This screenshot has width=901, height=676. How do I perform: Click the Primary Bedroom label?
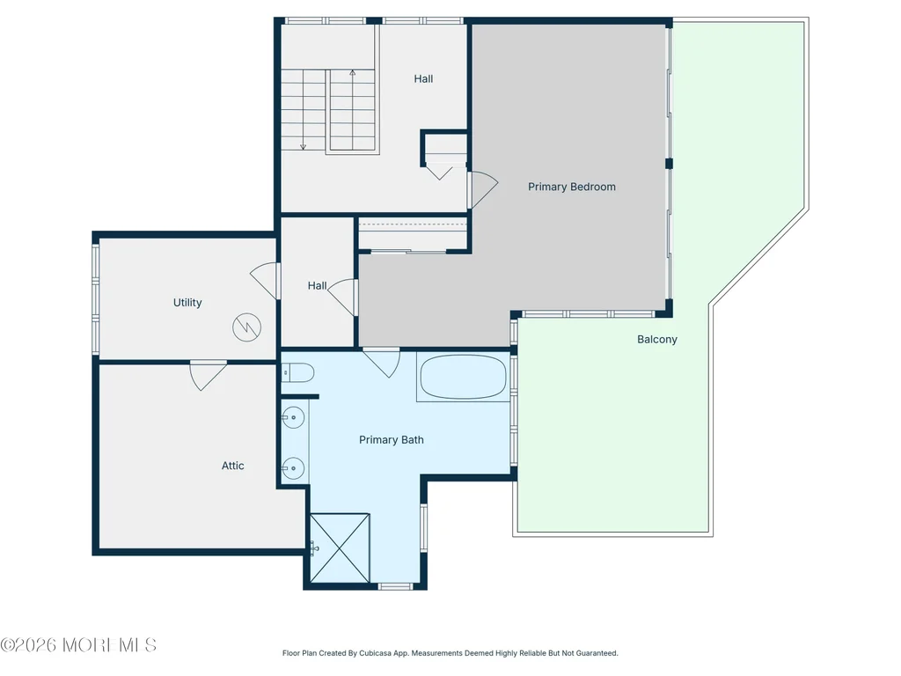(x=572, y=187)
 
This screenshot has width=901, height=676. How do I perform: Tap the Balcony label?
(x=656, y=340)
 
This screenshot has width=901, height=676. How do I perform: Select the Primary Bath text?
(x=392, y=440)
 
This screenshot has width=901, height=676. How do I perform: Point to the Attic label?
(x=232, y=466)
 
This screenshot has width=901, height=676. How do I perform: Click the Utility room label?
(x=187, y=303)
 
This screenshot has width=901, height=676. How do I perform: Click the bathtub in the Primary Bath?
(x=463, y=377)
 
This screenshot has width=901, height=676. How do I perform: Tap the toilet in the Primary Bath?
(x=297, y=373)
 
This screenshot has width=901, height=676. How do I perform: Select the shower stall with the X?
(x=340, y=547)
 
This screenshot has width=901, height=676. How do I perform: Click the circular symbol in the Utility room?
(x=247, y=327)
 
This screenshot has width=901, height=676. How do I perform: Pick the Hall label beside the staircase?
(x=423, y=78)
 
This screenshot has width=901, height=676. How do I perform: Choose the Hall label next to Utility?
(x=317, y=286)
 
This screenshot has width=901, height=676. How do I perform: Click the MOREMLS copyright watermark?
(x=78, y=645)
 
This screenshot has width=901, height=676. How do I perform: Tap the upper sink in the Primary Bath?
(x=293, y=417)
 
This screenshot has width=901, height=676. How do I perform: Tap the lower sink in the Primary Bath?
(x=293, y=468)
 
